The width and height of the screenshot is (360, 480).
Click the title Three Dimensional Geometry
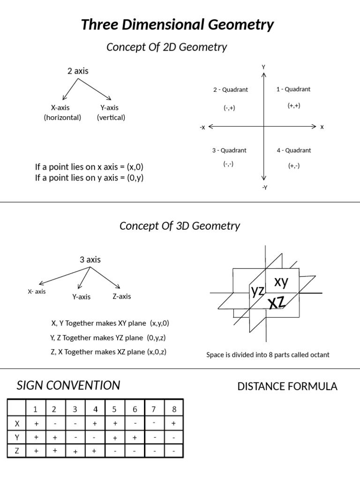click(x=177, y=24)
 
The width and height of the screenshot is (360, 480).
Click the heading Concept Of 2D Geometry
click(x=166, y=47)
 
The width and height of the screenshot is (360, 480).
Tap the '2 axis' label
click(x=78, y=71)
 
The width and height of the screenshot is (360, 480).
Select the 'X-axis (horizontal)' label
click(x=62, y=112)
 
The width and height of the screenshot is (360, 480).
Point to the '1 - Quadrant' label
click(x=293, y=89)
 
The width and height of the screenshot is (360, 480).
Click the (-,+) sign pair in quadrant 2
click(x=229, y=108)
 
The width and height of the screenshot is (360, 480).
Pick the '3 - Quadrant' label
click(x=229, y=150)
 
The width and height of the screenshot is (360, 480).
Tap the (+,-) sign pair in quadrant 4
click(x=294, y=165)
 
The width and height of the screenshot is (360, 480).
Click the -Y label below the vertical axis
click(x=264, y=187)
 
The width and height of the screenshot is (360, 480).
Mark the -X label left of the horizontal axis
click(x=202, y=127)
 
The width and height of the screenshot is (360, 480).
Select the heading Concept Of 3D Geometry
click(x=180, y=226)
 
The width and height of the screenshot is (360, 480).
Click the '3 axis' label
click(x=90, y=260)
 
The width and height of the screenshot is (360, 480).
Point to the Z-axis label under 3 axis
click(x=121, y=296)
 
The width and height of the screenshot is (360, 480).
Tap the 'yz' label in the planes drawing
click(x=257, y=291)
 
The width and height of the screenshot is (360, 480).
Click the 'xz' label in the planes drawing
click(x=277, y=302)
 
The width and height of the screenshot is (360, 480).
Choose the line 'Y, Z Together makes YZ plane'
click(x=107, y=337)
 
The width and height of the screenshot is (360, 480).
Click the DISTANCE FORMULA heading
click(x=287, y=386)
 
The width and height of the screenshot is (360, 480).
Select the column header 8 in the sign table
click(x=174, y=409)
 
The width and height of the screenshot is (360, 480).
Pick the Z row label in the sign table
click(x=17, y=451)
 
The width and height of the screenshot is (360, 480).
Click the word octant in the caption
click(x=320, y=355)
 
